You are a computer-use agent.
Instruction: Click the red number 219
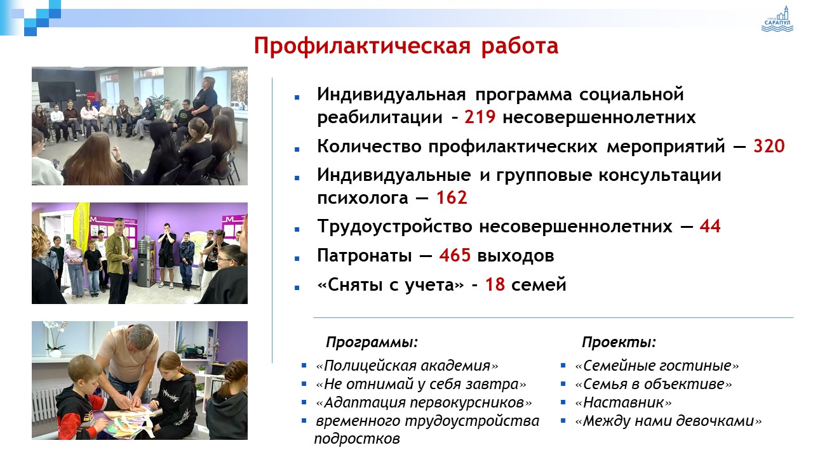click(480, 117)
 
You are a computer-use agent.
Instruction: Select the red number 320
click(769, 146)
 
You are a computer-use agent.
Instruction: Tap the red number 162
click(452, 197)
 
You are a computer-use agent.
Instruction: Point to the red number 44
click(710, 227)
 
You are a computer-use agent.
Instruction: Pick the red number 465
click(455, 255)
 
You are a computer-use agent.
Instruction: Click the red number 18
click(495, 284)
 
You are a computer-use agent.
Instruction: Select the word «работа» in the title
click(520, 46)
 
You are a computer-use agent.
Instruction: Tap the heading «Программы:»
click(372, 341)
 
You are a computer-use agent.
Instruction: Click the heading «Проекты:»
click(619, 341)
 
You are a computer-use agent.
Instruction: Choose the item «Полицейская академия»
click(407, 366)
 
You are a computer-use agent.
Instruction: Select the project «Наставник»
click(623, 402)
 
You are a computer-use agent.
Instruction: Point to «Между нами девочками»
click(668, 421)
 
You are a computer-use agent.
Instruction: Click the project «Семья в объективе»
click(654, 384)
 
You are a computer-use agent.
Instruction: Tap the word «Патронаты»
click(365, 255)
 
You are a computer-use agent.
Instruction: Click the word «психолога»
click(363, 198)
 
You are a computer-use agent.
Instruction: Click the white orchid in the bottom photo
click(55, 337)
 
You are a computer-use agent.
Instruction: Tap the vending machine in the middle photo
click(147, 261)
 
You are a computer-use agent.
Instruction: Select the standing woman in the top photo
click(205, 102)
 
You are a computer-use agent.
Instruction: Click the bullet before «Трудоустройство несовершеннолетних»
click(297, 229)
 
